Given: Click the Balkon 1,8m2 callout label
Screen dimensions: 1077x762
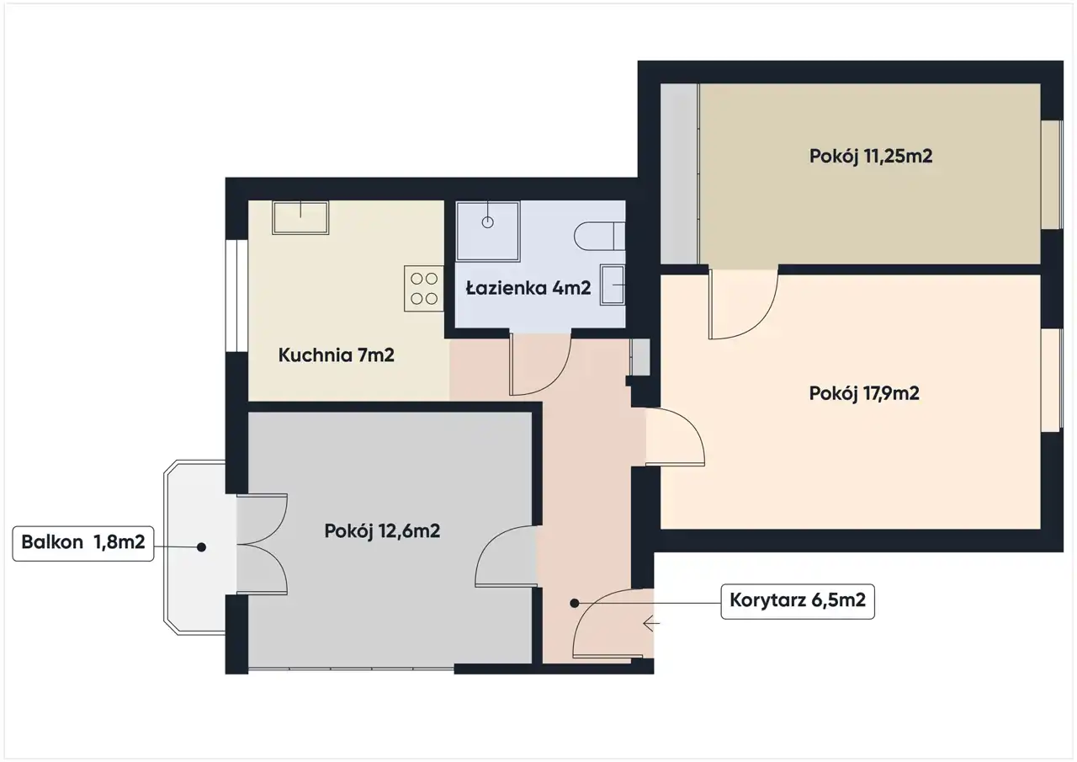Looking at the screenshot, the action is pyautogui.click(x=83, y=544).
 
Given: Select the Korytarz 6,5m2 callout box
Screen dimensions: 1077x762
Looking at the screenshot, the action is pyautogui.click(x=798, y=601).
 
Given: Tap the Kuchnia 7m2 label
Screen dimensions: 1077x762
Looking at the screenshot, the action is pyautogui.click(x=336, y=355).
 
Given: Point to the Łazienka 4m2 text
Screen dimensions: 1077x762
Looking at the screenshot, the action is pyautogui.click(x=528, y=288).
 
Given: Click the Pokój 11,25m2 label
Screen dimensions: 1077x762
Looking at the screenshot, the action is pyautogui.click(x=871, y=157).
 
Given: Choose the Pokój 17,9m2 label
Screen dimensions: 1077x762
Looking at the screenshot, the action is pyautogui.click(x=864, y=393).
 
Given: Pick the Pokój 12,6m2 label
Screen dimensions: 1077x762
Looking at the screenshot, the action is pyautogui.click(x=382, y=531).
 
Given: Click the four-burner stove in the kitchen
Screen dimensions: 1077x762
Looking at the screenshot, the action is pyautogui.click(x=423, y=289).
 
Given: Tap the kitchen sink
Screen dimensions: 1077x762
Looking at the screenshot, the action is pyautogui.click(x=300, y=218).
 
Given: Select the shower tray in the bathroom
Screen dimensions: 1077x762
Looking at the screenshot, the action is pyautogui.click(x=488, y=232).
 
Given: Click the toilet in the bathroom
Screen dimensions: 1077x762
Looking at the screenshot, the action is pyautogui.click(x=600, y=237).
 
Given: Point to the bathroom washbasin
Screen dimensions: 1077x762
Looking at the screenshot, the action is pyautogui.click(x=613, y=285).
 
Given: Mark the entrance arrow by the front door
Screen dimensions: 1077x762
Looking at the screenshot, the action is pyautogui.click(x=651, y=623).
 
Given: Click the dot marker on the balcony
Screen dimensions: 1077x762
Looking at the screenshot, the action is pyautogui.click(x=202, y=547).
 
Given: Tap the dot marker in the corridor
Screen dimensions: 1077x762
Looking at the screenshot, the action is pyautogui.click(x=575, y=603).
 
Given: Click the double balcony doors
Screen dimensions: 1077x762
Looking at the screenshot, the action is pyautogui.click(x=262, y=544).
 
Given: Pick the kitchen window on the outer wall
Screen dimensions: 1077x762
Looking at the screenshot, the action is pyautogui.click(x=236, y=296).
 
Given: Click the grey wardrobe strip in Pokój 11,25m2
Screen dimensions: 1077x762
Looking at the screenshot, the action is pyautogui.click(x=679, y=173).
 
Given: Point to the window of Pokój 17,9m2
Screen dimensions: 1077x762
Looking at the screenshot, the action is pyautogui.click(x=1052, y=380).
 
